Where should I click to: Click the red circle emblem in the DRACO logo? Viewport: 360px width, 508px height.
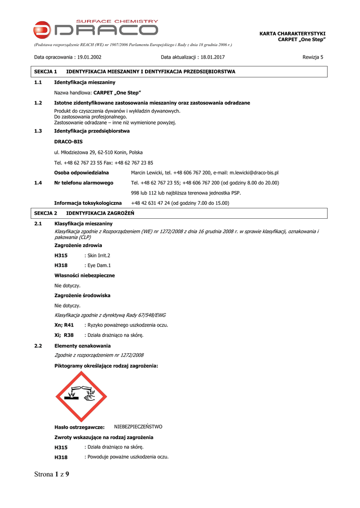pyautogui.click(x=42, y=30)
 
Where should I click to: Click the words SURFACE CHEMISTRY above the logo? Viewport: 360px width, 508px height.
pyautogui.click(x=117, y=21)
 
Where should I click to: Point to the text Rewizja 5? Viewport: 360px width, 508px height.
pyautogui.click(x=313, y=57)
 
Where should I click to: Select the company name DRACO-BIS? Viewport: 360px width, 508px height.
pyautogui.click(x=69, y=142)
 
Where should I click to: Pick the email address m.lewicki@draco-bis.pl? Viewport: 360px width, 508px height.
pyautogui.click(x=254, y=173)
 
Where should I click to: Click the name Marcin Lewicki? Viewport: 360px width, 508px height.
pyautogui.click(x=147, y=173)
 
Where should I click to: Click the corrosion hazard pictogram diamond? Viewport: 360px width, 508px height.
pyautogui.click(x=81, y=396)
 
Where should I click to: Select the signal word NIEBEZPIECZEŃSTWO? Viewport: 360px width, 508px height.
pyautogui.click(x=138, y=427)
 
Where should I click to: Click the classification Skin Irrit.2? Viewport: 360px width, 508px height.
pyautogui.click(x=99, y=255)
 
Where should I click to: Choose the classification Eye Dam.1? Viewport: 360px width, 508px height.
pyautogui.click(x=99, y=265)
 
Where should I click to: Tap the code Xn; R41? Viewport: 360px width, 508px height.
pyautogui.click(x=64, y=325)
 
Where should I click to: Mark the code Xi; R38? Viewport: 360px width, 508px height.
pyautogui.click(x=64, y=335)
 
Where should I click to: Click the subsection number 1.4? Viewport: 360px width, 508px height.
pyautogui.click(x=38, y=183)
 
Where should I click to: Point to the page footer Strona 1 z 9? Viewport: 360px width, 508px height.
pyautogui.click(x=52, y=474)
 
